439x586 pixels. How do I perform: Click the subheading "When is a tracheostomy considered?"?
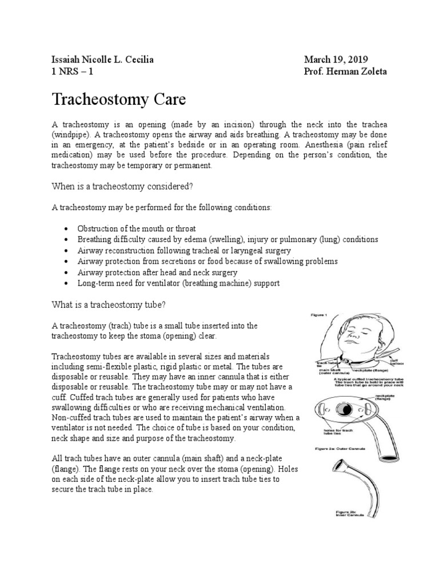click(122, 186)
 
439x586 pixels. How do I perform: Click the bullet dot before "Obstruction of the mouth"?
click(67, 228)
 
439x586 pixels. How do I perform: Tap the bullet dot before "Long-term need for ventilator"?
click(67, 283)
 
